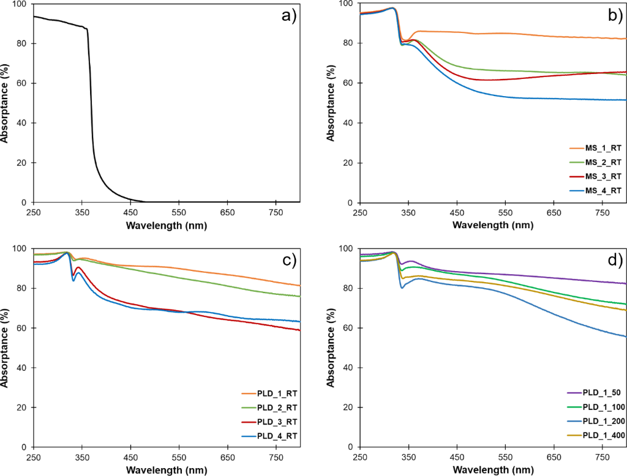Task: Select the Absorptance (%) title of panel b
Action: click(x=331, y=103)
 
